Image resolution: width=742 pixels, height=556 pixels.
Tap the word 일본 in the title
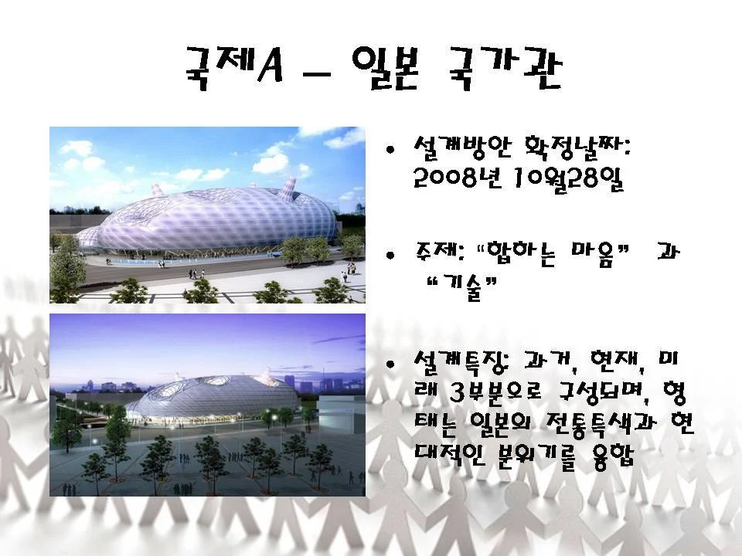(x=386, y=68)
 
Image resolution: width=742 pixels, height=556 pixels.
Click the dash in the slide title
(x=316, y=74)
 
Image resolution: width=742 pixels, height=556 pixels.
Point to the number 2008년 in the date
(x=457, y=178)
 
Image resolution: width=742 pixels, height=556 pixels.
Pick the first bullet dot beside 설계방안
(x=390, y=151)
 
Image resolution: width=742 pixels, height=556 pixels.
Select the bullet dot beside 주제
(x=390, y=256)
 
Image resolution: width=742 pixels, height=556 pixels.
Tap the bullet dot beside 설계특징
(x=390, y=364)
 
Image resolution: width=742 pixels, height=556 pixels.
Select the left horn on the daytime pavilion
(x=157, y=190)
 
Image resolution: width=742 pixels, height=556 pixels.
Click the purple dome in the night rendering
(x=214, y=396)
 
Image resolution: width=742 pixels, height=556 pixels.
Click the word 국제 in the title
(x=217, y=68)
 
